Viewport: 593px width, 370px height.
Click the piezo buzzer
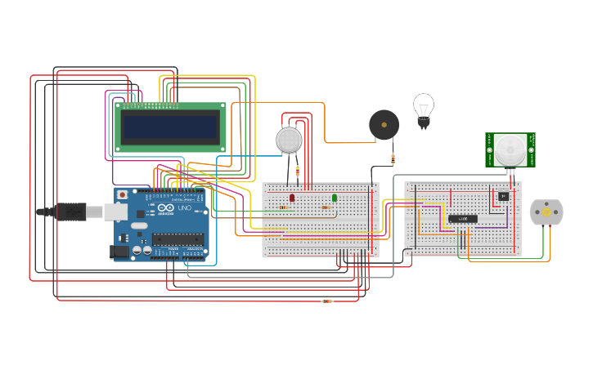click(x=384, y=125)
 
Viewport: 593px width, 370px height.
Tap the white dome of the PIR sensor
click(x=510, y=149)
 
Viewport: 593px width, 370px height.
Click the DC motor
click(x=546, y=212)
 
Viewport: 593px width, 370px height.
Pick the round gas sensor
click(x=289, y=140)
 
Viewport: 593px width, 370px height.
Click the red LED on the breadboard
click(x=292, y=198)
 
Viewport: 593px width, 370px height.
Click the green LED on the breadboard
click(x=334, y=198)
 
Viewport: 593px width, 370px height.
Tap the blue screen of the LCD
click(x=170, y=126)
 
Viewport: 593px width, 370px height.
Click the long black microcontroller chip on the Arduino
click(x=177, y=239)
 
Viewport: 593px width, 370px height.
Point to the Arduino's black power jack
click(x=120, y=252)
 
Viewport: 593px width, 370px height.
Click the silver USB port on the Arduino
click(x=115, y=212)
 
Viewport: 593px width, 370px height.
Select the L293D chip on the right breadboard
click(x=462, y=219)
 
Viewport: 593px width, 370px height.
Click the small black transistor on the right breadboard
click(x=503, y=196)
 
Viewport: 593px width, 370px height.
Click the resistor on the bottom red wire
click(x=327, y=301)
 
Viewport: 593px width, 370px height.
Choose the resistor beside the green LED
click(x=326, y=207)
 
